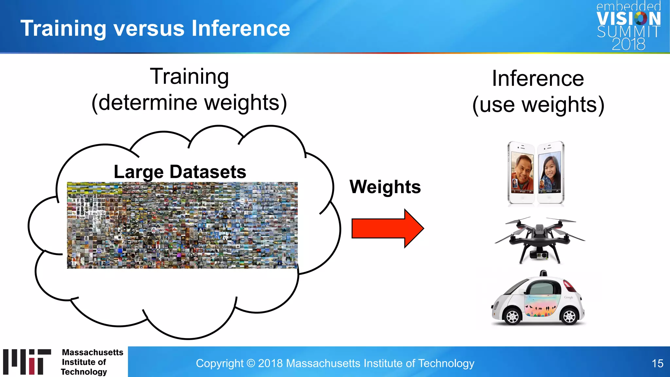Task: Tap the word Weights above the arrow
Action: (385, 187)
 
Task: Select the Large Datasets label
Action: (180, 172)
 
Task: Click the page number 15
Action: (657, 363)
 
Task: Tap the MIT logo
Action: (27, 362)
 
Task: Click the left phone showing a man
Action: (521, 172)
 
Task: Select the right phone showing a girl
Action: (551, 172)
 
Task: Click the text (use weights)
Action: (538, 105)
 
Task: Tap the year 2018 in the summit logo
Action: (628, 44)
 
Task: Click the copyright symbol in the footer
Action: (251, 363)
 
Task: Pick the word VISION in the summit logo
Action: (628, 19)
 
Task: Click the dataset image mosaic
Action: (182, 225)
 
